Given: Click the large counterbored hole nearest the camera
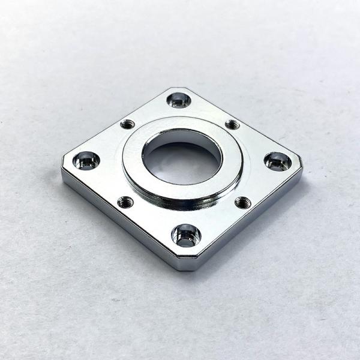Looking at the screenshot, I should click(x=185, y=235).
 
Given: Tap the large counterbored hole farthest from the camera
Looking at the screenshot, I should click(x=178, y=100).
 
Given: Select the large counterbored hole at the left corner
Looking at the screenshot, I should click(x=86, y=160).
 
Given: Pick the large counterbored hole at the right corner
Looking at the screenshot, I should click(x=277, y=161).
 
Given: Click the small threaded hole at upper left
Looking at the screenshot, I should click(x=127, y=124).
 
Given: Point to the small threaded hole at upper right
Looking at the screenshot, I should click(x=232, y=124).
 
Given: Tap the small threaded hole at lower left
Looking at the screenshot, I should click(x=125, y=202).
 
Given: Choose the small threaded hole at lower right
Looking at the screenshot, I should click(x=242, y=202).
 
